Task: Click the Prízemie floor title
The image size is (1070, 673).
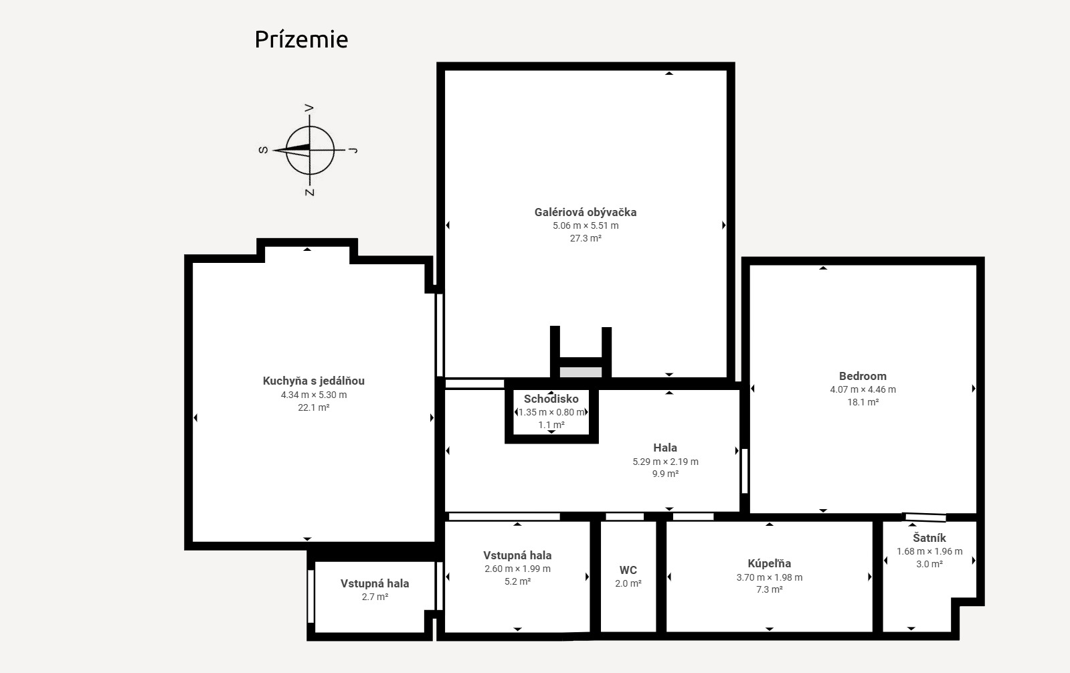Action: (301, 39)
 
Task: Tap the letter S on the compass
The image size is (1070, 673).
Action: (263, 150)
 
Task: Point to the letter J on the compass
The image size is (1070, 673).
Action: (353, 150)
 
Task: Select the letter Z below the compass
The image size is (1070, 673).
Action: (310, 192)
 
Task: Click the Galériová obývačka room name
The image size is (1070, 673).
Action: (585, 213)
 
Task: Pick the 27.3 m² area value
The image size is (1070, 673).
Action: (585, 238)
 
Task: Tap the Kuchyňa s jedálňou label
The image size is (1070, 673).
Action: (313, 381)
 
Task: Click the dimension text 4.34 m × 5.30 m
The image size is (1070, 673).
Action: (313, 395)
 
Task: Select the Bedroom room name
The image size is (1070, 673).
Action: (863, 377)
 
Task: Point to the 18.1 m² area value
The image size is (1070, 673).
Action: (863, 402)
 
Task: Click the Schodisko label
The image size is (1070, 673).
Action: (551, 399)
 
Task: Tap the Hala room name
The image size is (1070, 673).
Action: (665, 448)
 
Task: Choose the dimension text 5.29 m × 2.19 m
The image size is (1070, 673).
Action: (665, 462)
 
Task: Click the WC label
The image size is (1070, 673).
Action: (628, 570)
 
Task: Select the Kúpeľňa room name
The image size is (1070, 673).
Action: (769, 563)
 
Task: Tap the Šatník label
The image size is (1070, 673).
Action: (929, 538)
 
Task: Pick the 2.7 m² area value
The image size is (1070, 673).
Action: (375, 597)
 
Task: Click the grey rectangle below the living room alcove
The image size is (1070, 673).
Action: (580, 372)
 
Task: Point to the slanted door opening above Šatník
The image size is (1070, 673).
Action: (925, 517)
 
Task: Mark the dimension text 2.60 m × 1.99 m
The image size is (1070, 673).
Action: (517, 569)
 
